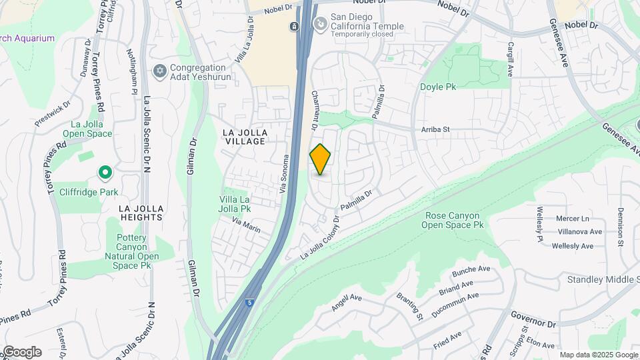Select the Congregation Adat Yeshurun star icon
(159, 71)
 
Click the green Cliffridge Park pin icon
(105, 174)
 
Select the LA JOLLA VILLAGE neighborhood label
(243, 137)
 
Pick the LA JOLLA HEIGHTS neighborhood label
(141, 213)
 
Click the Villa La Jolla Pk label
(235, 204)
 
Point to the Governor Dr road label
(533, 319)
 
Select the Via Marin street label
(246, 224)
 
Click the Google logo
(22, 351)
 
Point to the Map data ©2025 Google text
(599, 355)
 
